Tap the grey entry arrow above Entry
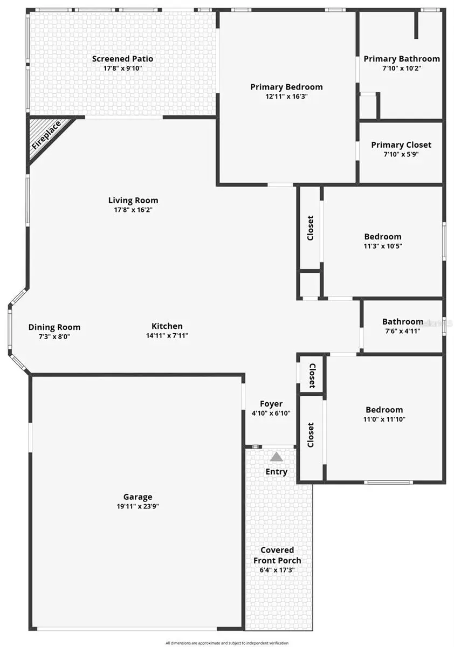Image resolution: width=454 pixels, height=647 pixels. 277,457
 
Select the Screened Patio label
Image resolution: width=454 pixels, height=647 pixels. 122,59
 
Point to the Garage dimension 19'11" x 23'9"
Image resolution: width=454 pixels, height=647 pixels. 137,506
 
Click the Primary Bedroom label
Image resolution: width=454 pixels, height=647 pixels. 286,87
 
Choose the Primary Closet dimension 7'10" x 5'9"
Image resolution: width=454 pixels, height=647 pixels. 401,154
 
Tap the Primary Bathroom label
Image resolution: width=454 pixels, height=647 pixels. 402,59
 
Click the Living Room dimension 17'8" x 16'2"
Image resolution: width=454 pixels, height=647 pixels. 133,210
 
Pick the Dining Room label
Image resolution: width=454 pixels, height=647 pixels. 54,327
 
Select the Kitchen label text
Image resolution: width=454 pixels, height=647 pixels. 167,326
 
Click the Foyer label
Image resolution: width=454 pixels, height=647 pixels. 271,404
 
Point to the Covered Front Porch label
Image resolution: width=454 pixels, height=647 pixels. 277,555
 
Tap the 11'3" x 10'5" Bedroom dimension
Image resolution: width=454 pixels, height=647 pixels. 383,245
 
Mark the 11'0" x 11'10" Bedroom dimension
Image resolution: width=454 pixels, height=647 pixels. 383,419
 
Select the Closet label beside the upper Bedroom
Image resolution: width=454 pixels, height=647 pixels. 310,228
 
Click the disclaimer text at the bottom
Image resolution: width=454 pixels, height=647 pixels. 227,643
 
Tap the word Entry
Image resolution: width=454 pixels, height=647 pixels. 277,472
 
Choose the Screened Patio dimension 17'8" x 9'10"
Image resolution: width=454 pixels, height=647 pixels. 122,68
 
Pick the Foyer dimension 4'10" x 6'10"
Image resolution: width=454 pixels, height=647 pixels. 271,413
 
